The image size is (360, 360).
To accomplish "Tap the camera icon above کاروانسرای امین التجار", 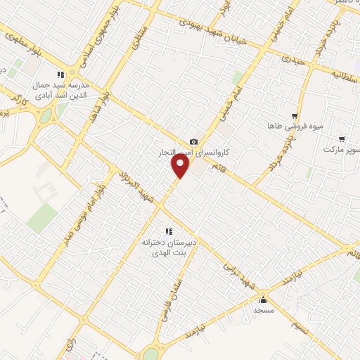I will [x=194, y=142].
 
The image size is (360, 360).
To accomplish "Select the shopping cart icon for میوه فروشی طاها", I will [x=295, y=116].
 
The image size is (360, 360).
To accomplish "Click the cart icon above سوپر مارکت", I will [x=342, y=139].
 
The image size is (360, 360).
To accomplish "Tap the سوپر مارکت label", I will [x=341, y=150].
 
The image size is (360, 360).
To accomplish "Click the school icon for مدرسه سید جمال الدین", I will [x=61, y=74].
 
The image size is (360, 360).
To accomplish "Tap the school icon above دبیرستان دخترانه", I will [x=168, y=231].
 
